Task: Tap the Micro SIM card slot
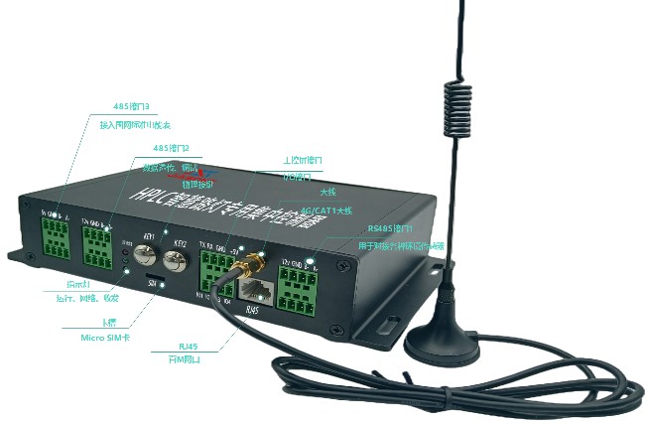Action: (156, 274)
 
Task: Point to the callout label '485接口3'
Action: (131, 106)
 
